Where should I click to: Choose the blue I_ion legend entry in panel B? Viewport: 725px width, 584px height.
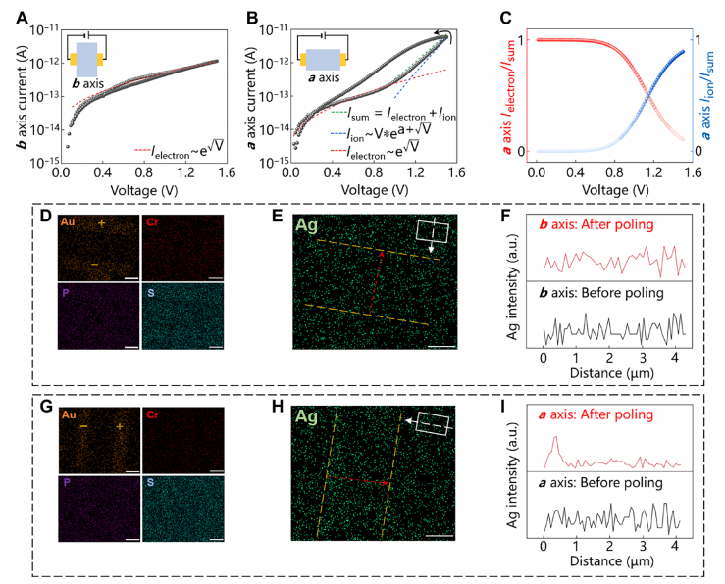click(378, 133)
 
